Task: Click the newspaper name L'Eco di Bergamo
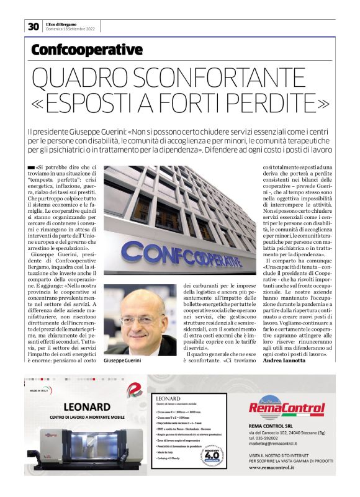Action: [63, 23]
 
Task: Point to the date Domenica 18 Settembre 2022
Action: [71, 29]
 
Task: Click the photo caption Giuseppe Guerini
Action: [122, 360]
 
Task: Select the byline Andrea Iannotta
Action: [287, 360]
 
